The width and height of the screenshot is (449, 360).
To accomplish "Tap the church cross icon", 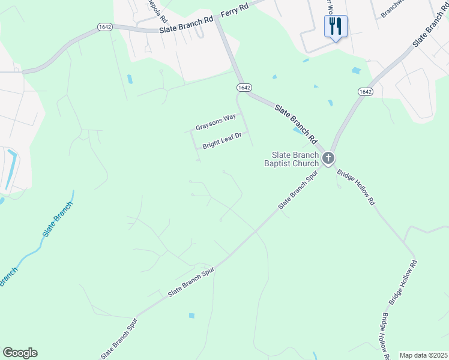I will point(328,158).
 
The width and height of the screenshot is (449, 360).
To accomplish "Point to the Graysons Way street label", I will point(216,123).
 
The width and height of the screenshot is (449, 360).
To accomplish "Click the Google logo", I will point(20,353).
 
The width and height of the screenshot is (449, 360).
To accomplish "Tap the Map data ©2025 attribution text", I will point(424,355).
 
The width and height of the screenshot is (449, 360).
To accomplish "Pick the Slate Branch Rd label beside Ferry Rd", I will point(186,25).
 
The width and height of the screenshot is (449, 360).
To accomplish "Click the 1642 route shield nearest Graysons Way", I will point(243,88).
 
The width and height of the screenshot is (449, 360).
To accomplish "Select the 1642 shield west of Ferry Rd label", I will point(106,27).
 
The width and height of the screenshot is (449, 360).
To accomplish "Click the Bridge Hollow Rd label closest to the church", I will point(356,188).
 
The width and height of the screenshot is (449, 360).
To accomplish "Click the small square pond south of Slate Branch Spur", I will point(191,316).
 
